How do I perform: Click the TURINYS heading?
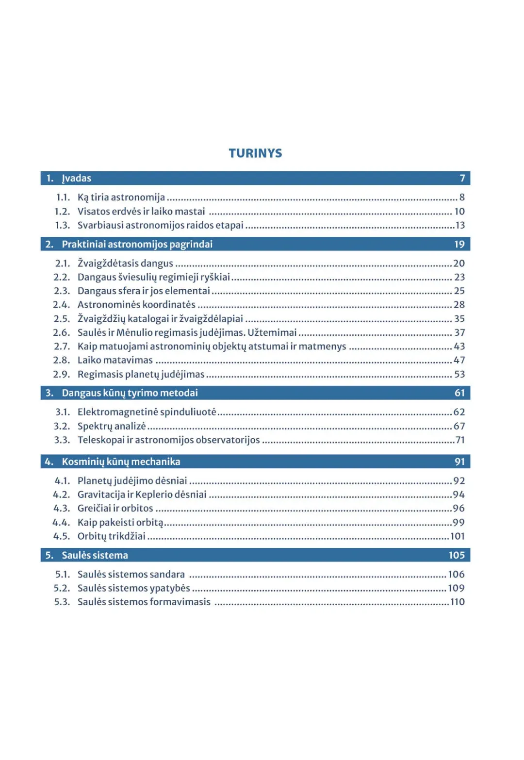pos(255,153)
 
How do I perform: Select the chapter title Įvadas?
pos(77,178)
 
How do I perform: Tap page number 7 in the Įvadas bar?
pos(462,178)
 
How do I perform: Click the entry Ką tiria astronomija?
pos(121,197)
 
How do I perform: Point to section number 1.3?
pos(62,225)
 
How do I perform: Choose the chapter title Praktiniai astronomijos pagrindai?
pos(137,244)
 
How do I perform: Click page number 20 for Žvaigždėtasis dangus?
pos(459,263)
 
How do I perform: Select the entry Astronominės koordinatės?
pos(136,305)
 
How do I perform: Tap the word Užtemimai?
pos(272,332)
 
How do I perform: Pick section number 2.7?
pos(62,347)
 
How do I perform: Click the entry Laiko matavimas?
pos(115,360)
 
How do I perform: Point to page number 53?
pos(459,374)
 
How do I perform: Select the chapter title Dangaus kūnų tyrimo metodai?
pos(130,393)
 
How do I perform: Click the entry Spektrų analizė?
pos(112,426)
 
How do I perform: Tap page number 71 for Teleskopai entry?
pos(460,440)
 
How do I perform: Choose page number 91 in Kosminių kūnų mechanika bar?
pos(459,462)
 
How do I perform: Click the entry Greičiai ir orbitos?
pos(115,508)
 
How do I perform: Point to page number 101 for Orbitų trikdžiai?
pos(458,536)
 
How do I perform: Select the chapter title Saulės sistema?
pos(95,555)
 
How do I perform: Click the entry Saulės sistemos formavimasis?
pos(144,602)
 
